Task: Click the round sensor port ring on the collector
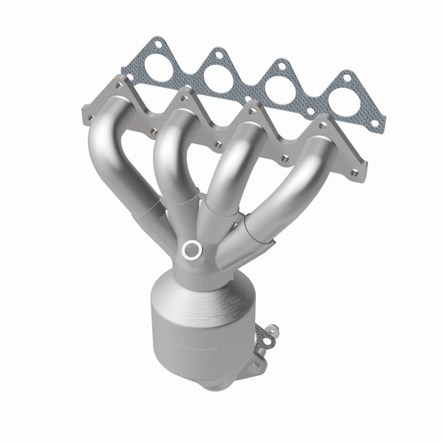point(192,250)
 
